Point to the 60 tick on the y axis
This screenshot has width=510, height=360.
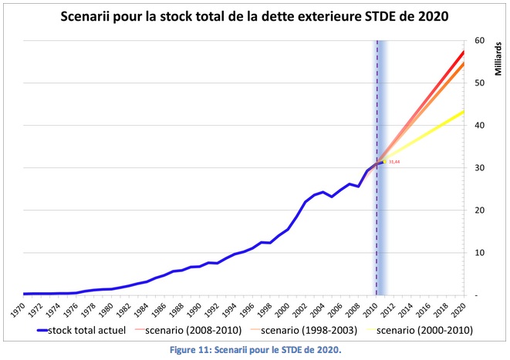point(479,40)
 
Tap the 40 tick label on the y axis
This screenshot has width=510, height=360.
point(479,125)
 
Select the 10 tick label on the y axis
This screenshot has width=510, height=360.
point(479,253)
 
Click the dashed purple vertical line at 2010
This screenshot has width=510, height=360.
point(377,231)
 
